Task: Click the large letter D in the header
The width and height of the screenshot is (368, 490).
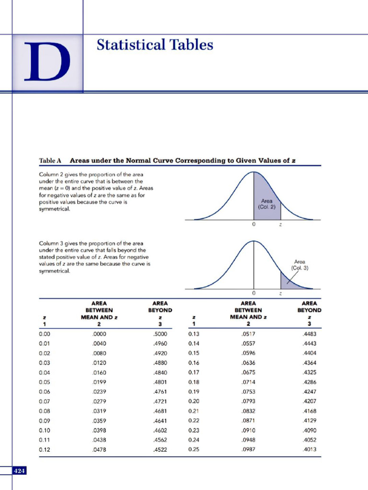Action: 47,63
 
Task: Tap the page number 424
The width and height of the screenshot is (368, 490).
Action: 20,471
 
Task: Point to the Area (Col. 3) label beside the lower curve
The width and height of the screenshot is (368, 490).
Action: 300,265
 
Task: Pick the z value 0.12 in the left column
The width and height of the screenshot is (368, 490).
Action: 45,449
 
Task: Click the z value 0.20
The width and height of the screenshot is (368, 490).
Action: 194,401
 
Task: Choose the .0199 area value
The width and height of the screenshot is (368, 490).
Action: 99,382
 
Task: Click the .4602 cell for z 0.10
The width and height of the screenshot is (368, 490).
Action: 159,430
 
